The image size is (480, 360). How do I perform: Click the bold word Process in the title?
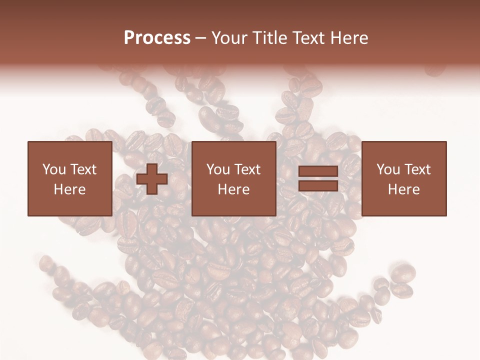[x=157, y=38]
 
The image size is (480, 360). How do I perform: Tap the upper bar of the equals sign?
[x=318, y=172]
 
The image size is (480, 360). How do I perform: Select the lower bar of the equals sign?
[x=318, y=185]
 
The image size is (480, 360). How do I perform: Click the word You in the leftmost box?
[x=53, y=169]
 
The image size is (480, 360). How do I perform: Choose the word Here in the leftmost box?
[x=69, y=189]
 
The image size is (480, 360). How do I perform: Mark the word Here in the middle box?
[x=233, y=189]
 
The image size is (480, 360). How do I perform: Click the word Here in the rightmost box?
[x=403, y=189]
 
